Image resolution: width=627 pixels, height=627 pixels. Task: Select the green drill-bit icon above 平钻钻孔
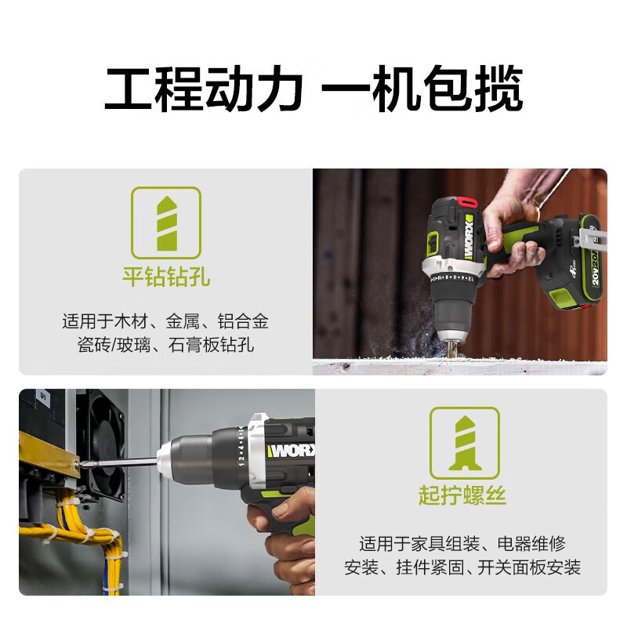pos(165,223)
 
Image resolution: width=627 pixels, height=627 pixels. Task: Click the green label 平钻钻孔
pos(165,277)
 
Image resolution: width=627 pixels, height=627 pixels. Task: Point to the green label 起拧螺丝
pos(462,496)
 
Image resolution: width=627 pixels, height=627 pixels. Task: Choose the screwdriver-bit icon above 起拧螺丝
pos(463,443)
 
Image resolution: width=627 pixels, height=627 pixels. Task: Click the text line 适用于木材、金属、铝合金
pos(165,321)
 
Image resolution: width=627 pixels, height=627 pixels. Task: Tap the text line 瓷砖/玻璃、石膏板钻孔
pos(165,345)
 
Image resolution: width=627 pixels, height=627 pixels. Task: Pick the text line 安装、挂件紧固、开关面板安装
pos(462,567)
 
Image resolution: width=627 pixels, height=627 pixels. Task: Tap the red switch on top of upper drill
pos(469,201)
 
